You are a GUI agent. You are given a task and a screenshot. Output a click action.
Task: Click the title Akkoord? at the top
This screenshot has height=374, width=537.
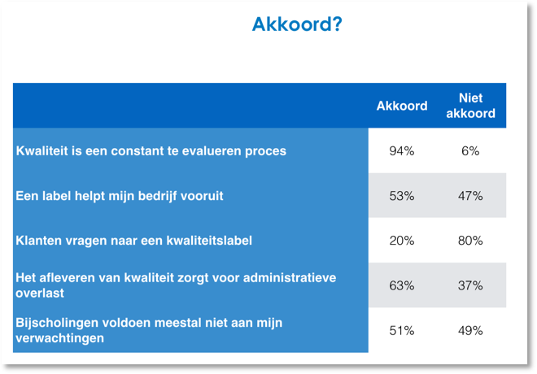tap(297, 24)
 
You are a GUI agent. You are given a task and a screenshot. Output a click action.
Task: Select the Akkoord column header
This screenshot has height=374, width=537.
tap(402, 106)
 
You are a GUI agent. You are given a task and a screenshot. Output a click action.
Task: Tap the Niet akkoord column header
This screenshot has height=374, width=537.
tap(470, 106)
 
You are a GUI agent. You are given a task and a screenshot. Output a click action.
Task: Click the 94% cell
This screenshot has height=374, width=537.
tap(402, 150)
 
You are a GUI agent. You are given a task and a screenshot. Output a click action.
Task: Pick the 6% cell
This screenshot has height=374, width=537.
tap(470, 150)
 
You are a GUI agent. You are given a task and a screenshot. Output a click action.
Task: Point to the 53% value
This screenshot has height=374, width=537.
tap(402, 196)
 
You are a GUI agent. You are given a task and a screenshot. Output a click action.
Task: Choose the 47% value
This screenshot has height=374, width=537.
tap(470, 196)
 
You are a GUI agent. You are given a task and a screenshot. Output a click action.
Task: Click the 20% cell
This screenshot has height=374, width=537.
tap(402, 241)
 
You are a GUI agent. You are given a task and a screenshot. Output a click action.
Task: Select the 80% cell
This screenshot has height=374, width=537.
tap(470, 241)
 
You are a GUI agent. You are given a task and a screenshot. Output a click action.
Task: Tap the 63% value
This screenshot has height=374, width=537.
tap(402, 285)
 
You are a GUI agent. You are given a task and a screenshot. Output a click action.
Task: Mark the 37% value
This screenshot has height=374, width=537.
tap(470, 285)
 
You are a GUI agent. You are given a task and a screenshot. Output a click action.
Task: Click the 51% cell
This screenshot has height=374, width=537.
tap(402, 331)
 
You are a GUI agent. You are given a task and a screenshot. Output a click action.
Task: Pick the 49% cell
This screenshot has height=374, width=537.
tap(470, 331)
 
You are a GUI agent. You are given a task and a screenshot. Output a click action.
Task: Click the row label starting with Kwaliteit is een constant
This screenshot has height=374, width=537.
tap(151, 151)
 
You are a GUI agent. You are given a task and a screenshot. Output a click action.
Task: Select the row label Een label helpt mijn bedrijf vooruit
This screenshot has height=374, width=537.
tap(120, 196)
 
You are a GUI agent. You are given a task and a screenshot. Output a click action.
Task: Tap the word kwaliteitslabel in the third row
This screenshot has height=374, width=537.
tap(209, 241)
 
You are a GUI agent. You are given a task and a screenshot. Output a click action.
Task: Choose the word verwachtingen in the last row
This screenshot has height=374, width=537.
tap(60, 338)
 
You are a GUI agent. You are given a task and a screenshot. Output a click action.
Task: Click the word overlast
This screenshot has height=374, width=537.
tap(40, 293)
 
